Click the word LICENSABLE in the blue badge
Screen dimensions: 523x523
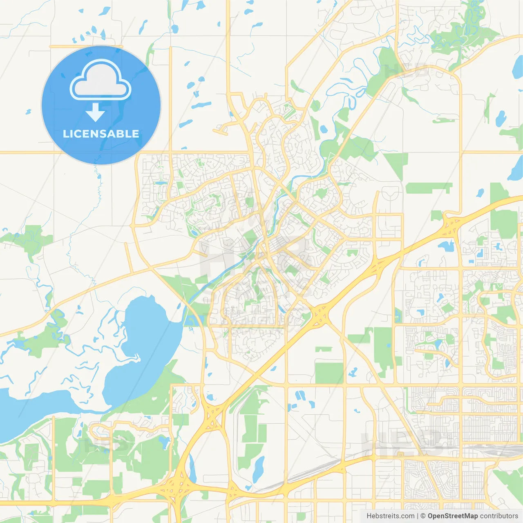[x=101, y=134]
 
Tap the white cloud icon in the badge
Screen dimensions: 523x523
[x=101, y=81]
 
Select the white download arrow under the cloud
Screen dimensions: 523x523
[x=96, y=112]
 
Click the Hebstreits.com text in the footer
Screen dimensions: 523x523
[x=390, y=516]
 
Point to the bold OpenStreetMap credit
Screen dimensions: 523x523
[x=452, y=516]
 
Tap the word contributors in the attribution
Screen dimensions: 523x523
[x=498, y=516]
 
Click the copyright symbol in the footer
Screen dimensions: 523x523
[x=423, y=516]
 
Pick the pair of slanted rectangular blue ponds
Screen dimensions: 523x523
[x=300, y=396]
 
